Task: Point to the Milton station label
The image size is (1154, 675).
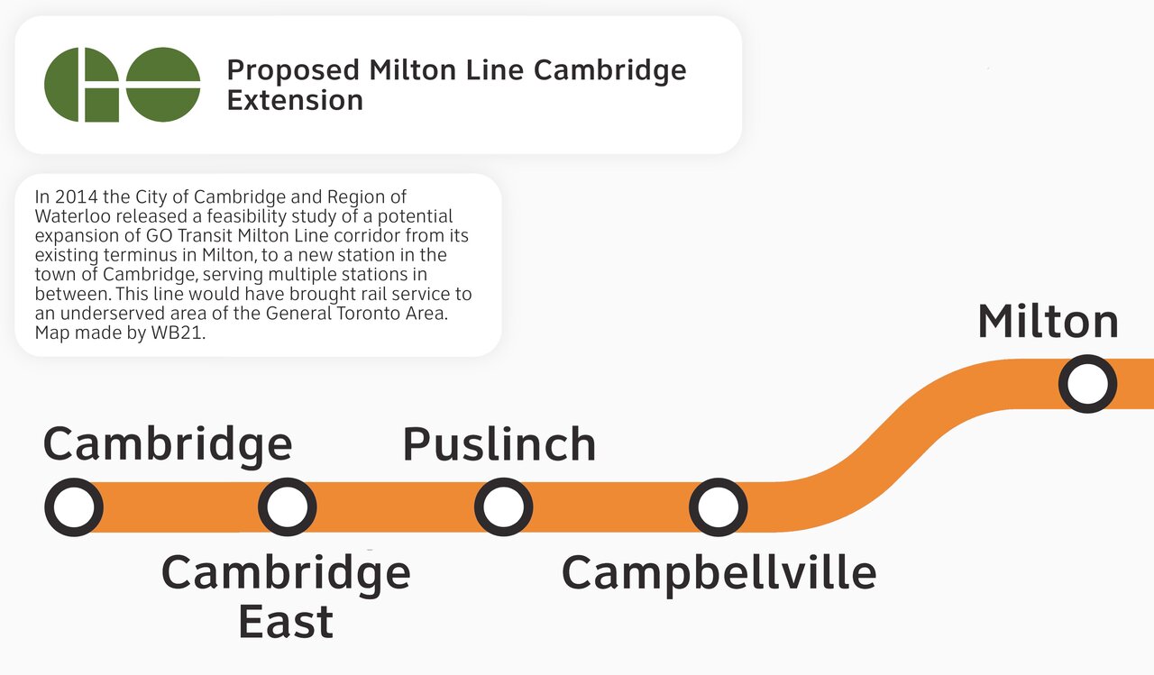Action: click(x=1048, y=322)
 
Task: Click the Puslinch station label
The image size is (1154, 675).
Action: click(x=499, y=443)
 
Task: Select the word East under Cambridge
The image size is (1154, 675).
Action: click(x=286, y=622)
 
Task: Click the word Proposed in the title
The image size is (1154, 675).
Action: click(x=293, y=71)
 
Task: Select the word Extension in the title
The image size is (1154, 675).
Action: click(x=295, y=100)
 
